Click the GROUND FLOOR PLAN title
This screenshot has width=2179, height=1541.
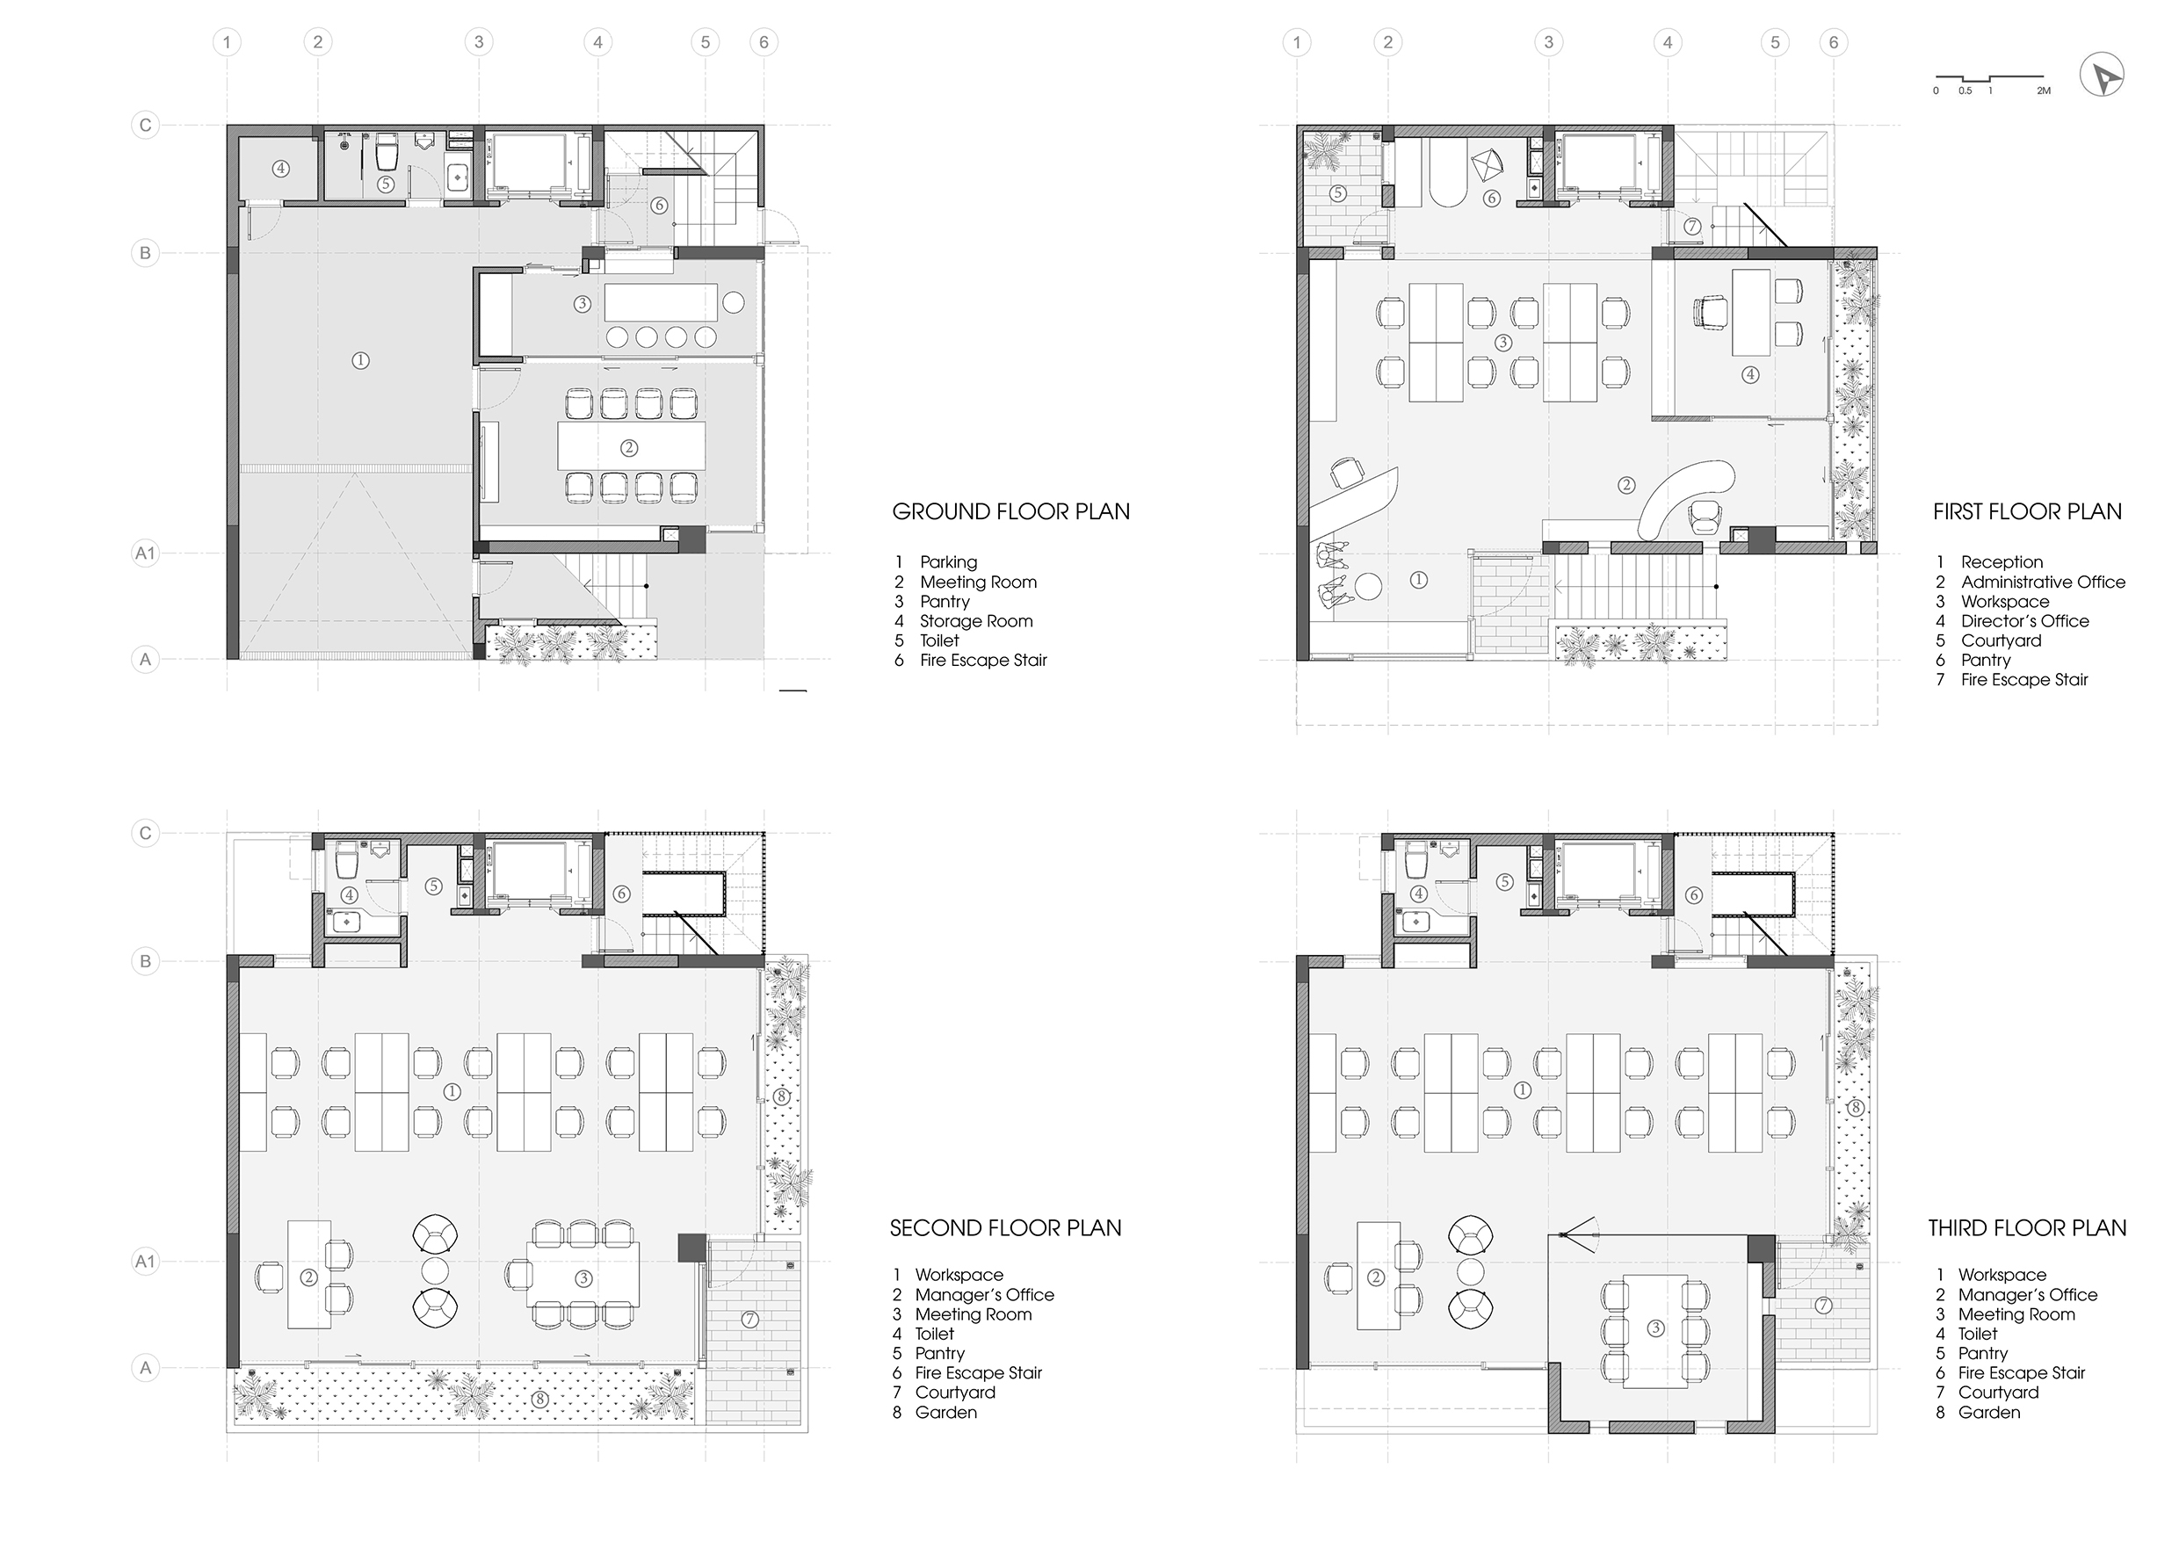point(1010,511)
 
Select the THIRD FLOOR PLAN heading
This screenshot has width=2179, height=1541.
point(2027,1228)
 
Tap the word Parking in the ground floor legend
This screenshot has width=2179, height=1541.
point(948,561)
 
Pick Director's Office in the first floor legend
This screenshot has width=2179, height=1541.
point(2025,620)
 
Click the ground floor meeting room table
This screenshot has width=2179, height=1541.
point(631,446)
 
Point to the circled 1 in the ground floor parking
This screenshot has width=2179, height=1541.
point(359,360)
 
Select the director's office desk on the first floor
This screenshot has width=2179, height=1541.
point(1751,311)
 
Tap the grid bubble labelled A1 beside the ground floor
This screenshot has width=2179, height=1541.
point(144,553)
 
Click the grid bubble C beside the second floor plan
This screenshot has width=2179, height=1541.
point(145,833)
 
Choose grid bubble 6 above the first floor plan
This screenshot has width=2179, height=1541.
point(1834,42)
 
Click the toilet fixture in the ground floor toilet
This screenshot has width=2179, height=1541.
point(387,151)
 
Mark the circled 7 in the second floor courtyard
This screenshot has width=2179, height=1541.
point(749,1319)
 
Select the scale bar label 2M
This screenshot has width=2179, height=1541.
point(2044,91)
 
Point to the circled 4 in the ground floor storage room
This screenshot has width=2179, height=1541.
point(280,169)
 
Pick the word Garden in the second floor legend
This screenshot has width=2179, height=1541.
point(946,1412)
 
